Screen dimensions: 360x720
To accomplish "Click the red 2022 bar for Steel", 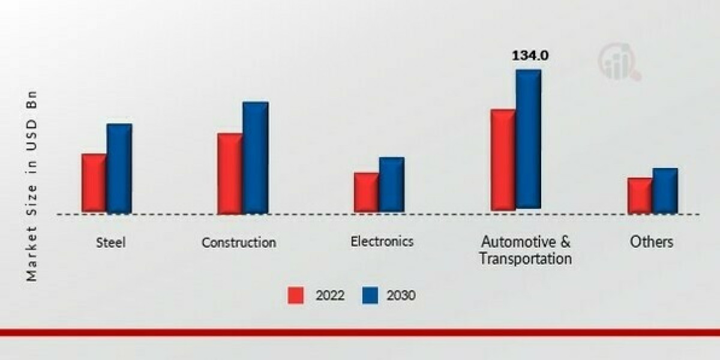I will point(94,182).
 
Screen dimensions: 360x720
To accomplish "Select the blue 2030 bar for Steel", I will point(119,168).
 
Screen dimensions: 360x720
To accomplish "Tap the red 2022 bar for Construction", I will point(230,173).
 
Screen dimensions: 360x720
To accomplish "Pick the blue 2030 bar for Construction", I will point(256,157).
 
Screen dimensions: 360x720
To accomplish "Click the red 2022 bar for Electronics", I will point(366,192).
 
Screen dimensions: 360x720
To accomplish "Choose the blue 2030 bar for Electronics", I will point(392,184).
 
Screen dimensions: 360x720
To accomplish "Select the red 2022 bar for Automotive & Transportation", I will point(503,160).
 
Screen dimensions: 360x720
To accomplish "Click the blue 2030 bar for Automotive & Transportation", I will point(529,139).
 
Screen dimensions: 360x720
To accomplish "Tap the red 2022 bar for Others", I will point(640,195).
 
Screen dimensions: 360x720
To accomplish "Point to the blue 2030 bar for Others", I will point(665,190).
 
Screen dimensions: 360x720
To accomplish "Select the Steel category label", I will point(111,242).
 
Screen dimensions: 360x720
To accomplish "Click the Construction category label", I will point(239,242).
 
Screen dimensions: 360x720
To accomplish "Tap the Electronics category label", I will point(382,241).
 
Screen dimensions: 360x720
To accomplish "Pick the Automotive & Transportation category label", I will point(526,250).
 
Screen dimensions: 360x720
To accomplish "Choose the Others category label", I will point(652,242).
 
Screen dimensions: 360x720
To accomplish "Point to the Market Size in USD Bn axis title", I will point(32,186).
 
